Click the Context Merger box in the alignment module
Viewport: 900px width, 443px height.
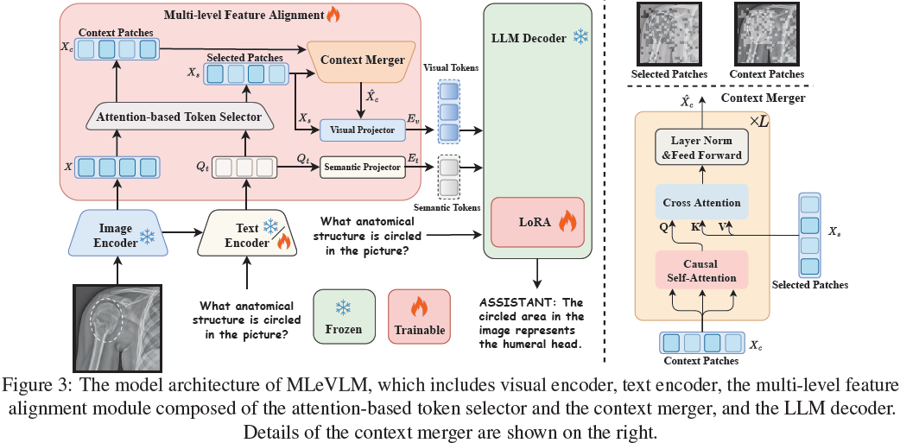click(x=362, y=60)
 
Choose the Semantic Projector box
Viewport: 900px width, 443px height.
click(x=363, y=167)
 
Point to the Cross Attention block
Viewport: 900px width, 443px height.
click(x=701, y=203)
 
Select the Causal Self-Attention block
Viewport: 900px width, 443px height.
click(x=701, y=270)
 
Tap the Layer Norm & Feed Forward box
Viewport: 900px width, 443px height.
click(x=701, y=147)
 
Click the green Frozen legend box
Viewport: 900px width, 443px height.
click(x=343, y=316)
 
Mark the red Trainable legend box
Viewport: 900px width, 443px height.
click(x=419, y=316)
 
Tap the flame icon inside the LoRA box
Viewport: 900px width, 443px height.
click(x=567, y=222)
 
